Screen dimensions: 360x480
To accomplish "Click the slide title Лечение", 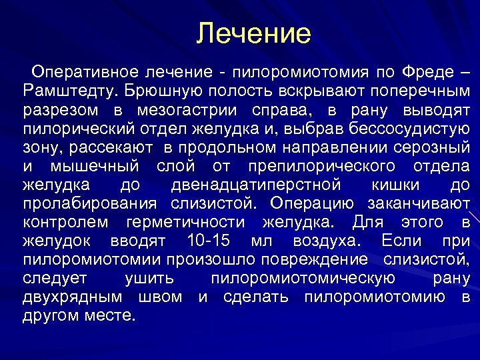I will click(x=254, y=33).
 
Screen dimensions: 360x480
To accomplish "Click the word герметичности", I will click(x=189, y=222).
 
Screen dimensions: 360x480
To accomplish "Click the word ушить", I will click(x=149, y=278).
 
